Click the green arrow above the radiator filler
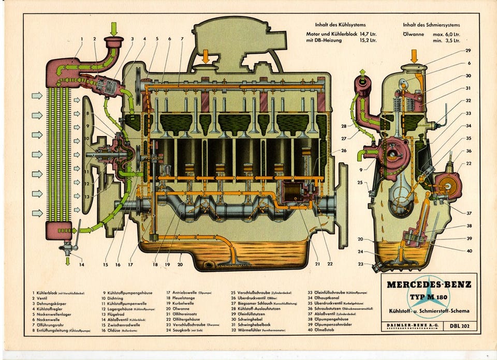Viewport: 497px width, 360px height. (114, 28)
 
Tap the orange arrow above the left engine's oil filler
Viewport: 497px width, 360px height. (206, 55)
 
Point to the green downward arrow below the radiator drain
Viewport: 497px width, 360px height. (68, 261)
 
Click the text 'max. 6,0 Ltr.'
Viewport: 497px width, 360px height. (446, 34)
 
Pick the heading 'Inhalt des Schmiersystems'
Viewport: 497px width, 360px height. (431, 24)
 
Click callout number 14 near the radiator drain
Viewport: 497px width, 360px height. (81, 265)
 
